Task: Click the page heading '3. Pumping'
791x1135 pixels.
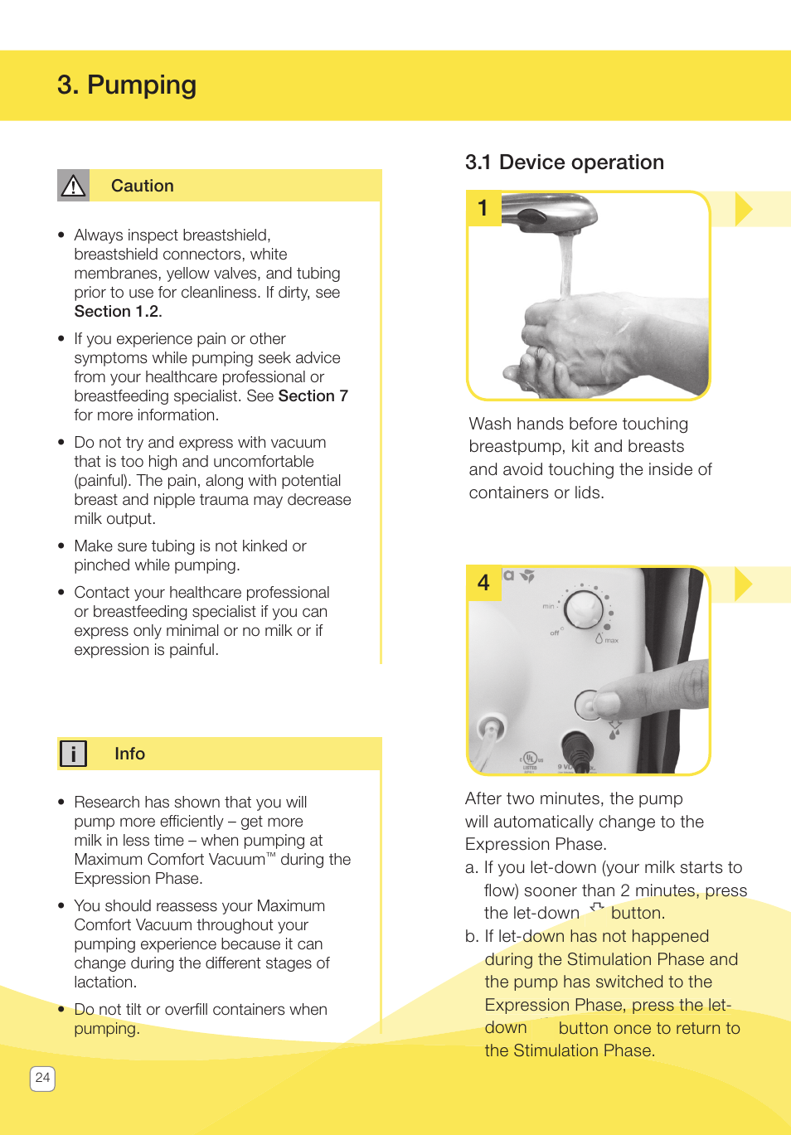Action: [127, 85]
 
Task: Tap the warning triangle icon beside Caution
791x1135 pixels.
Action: [73, 186]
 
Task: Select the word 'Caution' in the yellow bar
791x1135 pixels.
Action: [143, 186]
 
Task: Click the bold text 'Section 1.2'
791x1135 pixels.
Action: [116, 312]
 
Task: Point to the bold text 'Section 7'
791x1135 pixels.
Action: [313, 396]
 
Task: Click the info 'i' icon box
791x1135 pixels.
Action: [73, 754]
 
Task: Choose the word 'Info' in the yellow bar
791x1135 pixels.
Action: [129, 754]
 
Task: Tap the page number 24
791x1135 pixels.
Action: [42, 1078]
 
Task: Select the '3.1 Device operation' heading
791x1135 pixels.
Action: [564, 162]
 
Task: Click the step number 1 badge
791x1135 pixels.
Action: [483, 208]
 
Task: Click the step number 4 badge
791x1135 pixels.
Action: [483, 583]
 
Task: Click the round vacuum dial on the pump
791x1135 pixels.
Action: [584, 609]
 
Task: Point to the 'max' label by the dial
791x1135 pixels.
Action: [611, 641]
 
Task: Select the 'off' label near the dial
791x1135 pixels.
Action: [555, 633]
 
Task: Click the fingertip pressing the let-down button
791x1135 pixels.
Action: [605, 703]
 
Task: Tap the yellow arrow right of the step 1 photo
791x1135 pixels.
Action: [743, 209]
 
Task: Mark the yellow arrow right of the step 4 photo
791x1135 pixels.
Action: [743, 584]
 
